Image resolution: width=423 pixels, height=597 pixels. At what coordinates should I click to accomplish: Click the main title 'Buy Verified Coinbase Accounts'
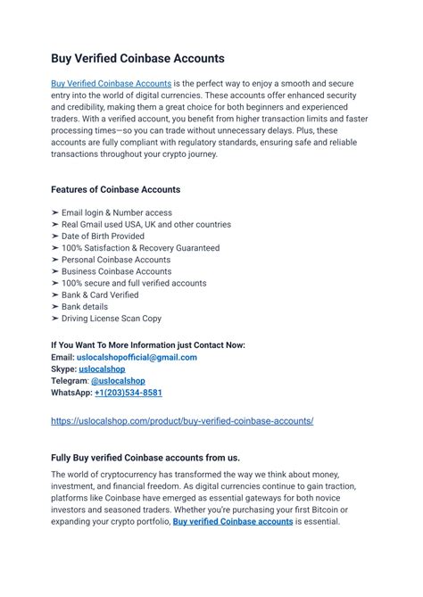pyautogui.click(x=137, y=59)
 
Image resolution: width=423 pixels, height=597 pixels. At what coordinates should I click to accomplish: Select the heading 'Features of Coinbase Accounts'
pyautogui.click(x=115, y=189)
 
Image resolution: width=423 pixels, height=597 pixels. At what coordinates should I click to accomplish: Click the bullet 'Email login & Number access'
pyautogui.click(x=116, y=212)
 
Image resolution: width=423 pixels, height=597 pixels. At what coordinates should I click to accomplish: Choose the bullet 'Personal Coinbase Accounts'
pyautogui.click(x=116, y=260)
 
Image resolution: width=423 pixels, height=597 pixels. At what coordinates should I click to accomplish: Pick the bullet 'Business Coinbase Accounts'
pyautogui.click(x=116, y=271)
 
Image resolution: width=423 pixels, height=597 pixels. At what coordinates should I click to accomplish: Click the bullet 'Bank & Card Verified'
pyautogui.click(x=100, y=294)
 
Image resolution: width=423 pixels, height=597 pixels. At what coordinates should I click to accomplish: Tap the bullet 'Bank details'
pyautogui.click(x=86, y=306)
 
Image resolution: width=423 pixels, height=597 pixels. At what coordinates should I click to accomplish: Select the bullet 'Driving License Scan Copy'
pyautogui.click(x=112, y=318)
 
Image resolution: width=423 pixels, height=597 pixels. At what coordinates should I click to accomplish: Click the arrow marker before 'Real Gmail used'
pyautogui.click(x=55, y=225)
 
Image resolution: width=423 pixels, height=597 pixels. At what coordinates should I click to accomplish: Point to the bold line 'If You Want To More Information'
pyautogui.click(x=147, y=345)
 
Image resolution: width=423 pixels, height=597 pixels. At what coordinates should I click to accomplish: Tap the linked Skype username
pyautogui.click(x=102, y=369)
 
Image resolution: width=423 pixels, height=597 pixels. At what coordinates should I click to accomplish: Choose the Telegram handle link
pyautogui.click(x=119, y=380)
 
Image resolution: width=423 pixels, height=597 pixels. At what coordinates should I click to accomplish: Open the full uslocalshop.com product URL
pyautogui.click(x=182, y=420)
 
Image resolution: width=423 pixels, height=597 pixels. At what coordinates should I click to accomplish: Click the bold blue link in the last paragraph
pyautogui.click(x=233, y=521)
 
